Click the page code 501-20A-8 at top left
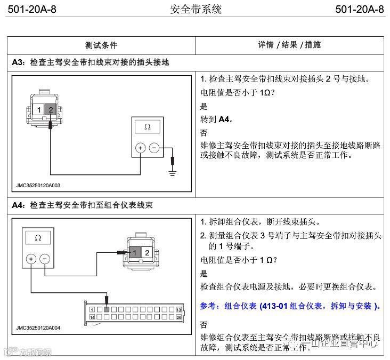tap(32, 10)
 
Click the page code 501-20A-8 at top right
tap(360, 10)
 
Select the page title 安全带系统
tap(196, 10)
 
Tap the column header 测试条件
tap(101, 45)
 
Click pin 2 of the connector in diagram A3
tap(51, 109)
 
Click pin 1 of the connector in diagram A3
tap(39, 109)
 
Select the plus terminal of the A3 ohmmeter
tap(141, 148)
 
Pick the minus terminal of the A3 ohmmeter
tap(154, 148)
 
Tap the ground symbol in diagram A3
tap(172, 171)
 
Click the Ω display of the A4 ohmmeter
tap(37, 238)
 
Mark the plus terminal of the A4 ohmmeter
tap(31, 259)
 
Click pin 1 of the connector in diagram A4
tap(136, 252)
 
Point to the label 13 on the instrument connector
tap(179, 309)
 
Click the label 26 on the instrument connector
tap(179, 317)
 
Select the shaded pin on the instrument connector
tap(107, 309)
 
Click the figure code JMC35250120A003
tap(38, 186)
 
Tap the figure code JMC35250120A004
tap(38, 328)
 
